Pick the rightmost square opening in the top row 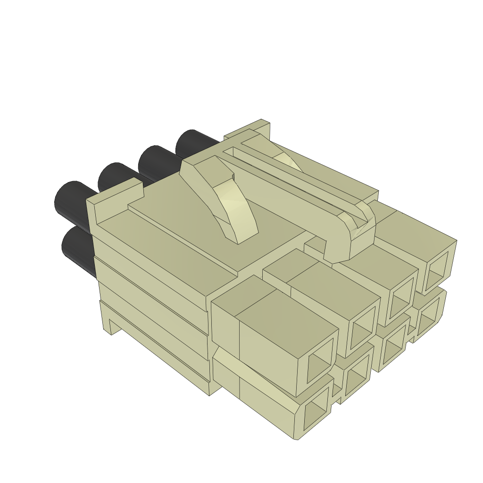[x=436, y=271]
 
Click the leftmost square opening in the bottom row [x=315, y=416]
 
